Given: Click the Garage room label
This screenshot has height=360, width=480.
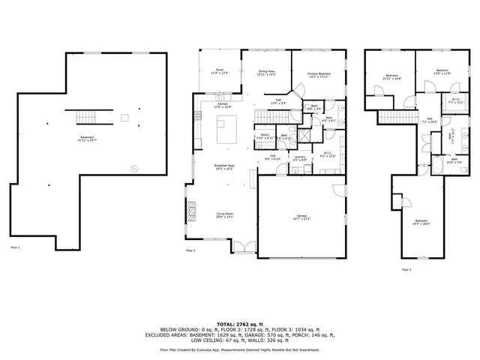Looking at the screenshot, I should click(x=301, y=217).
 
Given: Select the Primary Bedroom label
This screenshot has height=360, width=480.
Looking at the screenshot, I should click(x=319, y=75).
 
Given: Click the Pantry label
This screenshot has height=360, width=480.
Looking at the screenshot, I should click(x=265, y=138).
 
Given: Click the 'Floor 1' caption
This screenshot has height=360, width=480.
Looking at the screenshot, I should click(x=15, y=247).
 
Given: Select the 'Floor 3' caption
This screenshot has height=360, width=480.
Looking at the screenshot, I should click(x=406, y=268).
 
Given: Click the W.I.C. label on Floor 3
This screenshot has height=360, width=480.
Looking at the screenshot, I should click(x=457, y=101).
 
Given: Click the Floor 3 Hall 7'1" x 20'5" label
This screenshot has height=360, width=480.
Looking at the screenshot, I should click(x=430, y=121).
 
